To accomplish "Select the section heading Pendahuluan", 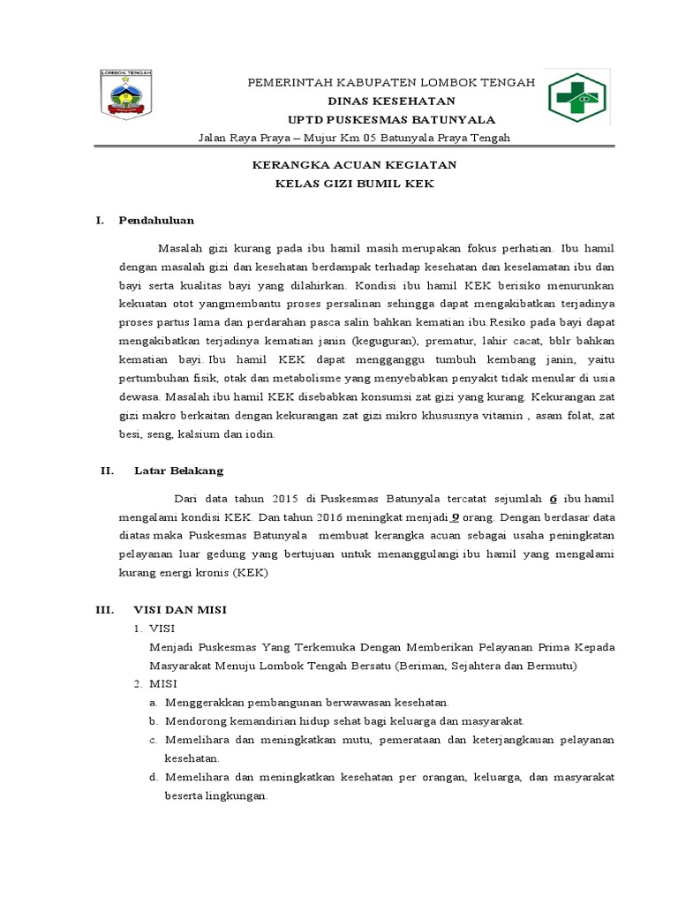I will (156, 220).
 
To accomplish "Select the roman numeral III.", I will (104, 609).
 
